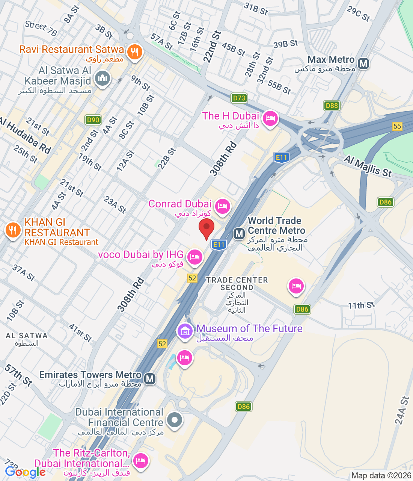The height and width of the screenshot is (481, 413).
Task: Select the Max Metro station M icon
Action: [x=363, y=64]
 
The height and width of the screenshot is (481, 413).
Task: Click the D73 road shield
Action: [x=239, y=98]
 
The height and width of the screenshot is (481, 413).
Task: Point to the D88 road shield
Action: [x=332, y=106]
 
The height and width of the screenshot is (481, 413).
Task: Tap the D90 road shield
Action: [x=93, y=120]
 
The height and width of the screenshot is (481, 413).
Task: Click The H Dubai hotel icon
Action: [x=270, y=119]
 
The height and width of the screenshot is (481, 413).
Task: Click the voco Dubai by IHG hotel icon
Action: [x=194, y=257]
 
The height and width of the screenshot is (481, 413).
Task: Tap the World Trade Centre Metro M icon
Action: [x=239, y=234]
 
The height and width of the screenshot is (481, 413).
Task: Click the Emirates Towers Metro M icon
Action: [x=150, y=378]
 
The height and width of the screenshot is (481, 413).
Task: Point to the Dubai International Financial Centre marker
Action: [x=175, y=419]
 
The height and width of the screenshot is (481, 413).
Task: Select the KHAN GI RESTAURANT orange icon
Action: [x=13, y=230]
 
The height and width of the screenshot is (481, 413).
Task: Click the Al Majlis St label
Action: [x=368, y=167]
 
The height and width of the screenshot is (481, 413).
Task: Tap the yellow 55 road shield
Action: [x=397, y=126]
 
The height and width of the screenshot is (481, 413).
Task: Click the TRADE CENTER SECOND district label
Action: [x=237, y=284]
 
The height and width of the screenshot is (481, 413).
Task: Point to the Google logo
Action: [x=25, y=472]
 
